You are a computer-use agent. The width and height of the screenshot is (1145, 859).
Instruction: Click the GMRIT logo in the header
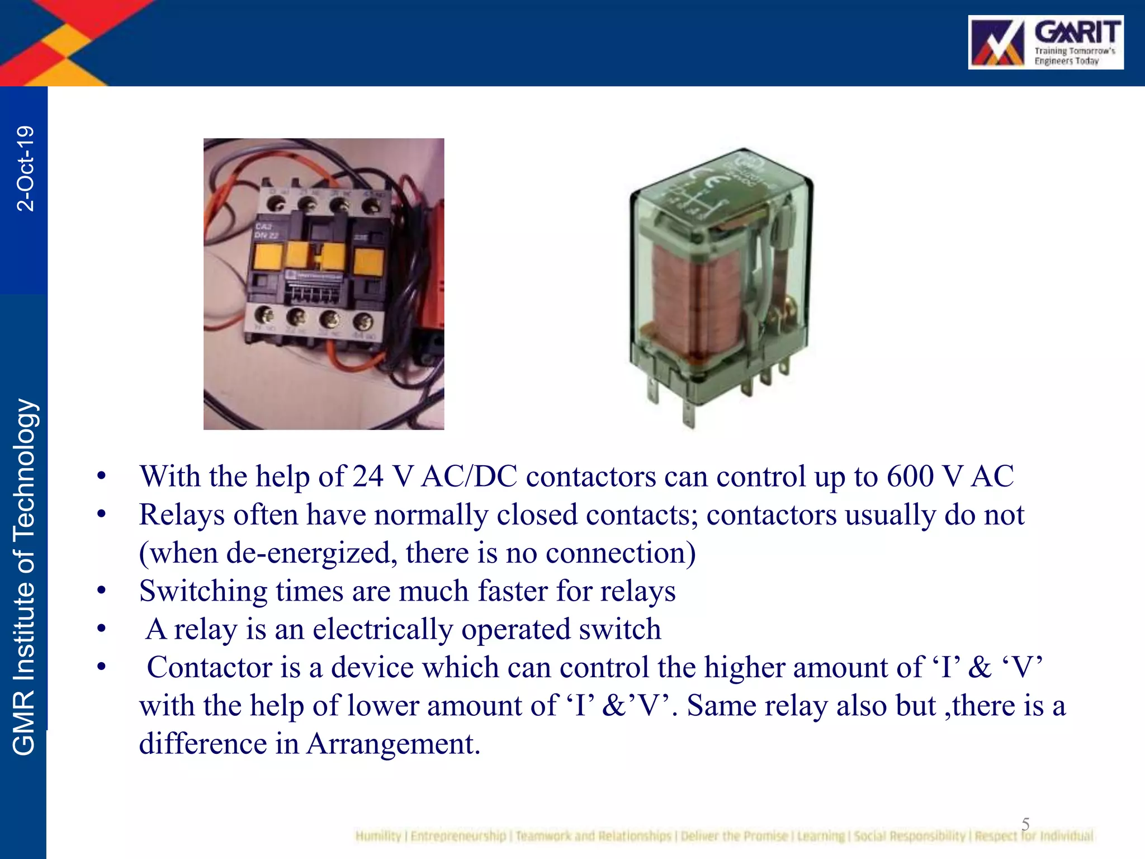click(x=1045, y=43)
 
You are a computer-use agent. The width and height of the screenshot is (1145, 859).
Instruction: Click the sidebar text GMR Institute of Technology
click(x=25, y=576)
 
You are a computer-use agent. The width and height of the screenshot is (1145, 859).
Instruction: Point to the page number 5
click(x=1025, y=823)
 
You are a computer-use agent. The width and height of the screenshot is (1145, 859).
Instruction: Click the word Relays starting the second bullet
click(x=182, y=515)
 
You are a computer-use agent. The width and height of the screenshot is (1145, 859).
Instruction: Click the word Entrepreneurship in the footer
click(x=458, y=836)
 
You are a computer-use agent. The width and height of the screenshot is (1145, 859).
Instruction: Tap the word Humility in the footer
click(x=378, y=836)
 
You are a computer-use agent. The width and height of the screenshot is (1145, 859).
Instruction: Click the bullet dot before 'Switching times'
click(x=101, y=591)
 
